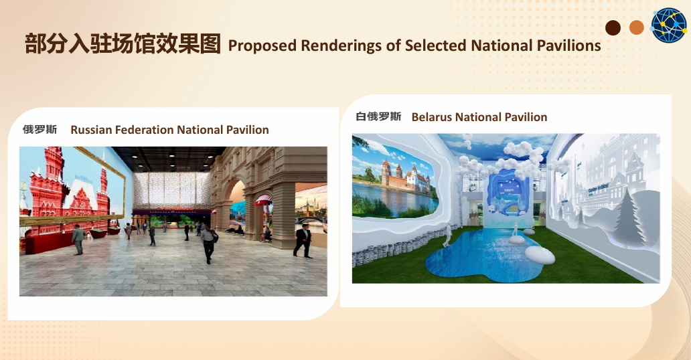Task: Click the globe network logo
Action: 669,25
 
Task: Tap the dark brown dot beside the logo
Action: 613,27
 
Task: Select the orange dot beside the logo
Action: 636,27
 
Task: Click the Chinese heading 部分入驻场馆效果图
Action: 123,43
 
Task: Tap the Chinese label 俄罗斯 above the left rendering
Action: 40,130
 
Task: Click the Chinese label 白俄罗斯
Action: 378,116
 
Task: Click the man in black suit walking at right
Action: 303,241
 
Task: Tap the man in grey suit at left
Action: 78,240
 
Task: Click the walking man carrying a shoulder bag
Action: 208,244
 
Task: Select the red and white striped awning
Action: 264,199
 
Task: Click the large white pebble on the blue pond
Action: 540,255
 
